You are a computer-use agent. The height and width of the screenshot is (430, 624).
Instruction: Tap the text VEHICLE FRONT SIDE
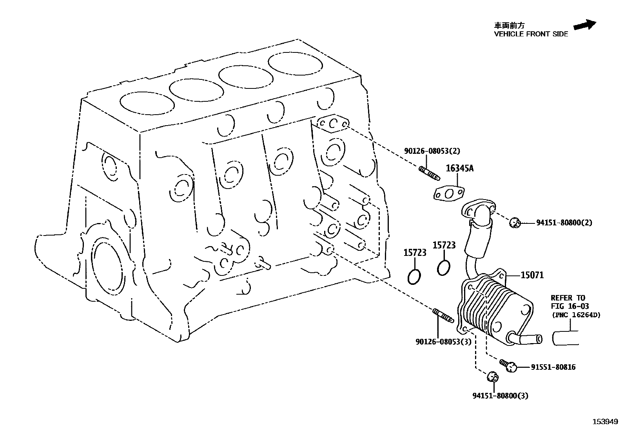[531, 34]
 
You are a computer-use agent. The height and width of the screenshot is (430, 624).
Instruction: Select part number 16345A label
[459, 169]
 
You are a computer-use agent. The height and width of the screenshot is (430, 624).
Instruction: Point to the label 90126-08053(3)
[443, 342]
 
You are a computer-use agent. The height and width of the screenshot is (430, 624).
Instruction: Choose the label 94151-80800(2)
[564, 223]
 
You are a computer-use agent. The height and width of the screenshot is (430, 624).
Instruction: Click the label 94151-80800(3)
[500, 396]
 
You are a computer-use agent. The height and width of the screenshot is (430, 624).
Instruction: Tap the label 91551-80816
[553, 367]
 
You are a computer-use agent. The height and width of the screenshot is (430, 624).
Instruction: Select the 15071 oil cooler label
[532, 275]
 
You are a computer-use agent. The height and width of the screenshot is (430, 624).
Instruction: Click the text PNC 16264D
[576, 315]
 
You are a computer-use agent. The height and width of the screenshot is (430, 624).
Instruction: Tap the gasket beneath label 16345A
[449, 194]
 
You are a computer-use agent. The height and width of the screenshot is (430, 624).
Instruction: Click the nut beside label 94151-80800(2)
[514, 223]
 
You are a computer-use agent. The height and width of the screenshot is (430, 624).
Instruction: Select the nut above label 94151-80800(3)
[492, 378]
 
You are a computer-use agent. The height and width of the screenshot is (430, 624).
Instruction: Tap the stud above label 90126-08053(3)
[443, 316]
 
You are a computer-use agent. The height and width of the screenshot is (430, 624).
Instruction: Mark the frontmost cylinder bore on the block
[294, 63]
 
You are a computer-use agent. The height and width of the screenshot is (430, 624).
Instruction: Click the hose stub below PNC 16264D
[566, 338]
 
